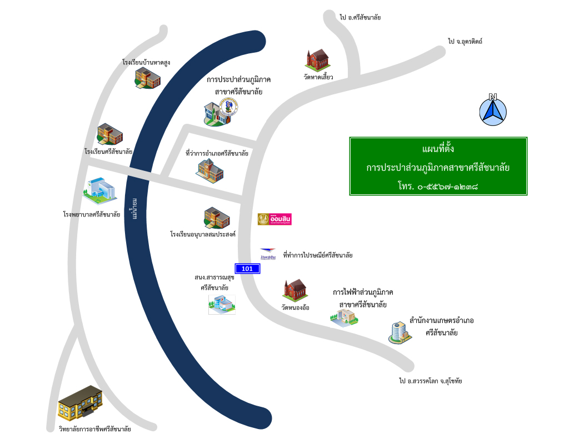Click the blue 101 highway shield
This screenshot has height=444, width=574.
(x=247, y=269)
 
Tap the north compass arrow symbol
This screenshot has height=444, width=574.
(x=493, y=109)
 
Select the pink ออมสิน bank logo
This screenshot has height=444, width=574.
(x=274, y=220)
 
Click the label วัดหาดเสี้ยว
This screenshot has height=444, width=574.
(x=318, y=77)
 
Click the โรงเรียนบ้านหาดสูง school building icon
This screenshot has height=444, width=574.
(x=147, y=78)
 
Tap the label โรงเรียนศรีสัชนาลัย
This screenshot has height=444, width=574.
(x=108, y=151)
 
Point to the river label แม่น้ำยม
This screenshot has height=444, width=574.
(x=134, y=209)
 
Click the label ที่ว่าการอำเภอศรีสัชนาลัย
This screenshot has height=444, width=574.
(x=217, y=153)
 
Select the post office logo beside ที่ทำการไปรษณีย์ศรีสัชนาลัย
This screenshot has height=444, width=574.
(x=268, y=255)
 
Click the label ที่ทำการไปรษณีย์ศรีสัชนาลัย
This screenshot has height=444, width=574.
(x=318, y=255)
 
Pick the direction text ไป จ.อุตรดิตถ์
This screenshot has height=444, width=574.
(x=465, y=41)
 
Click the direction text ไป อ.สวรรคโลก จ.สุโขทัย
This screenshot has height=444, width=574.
(x=431, y=381)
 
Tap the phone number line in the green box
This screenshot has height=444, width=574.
(x=438, y=184)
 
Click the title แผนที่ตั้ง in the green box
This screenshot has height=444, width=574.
(x=438, y=149)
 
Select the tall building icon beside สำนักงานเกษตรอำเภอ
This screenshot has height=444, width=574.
(x=399, y=332)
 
